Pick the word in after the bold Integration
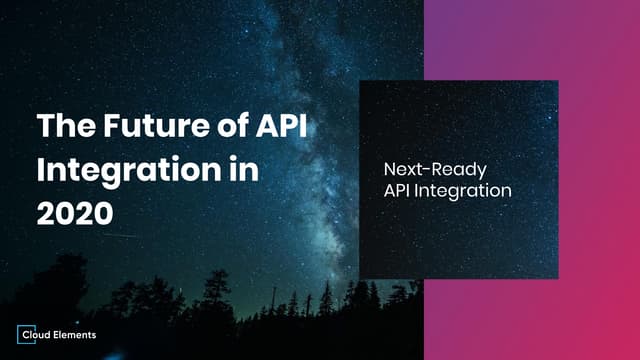click(241, 168)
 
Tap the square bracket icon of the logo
click(26, 335)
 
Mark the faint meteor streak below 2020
click(120, 236)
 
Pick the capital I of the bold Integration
click(41, 168)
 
